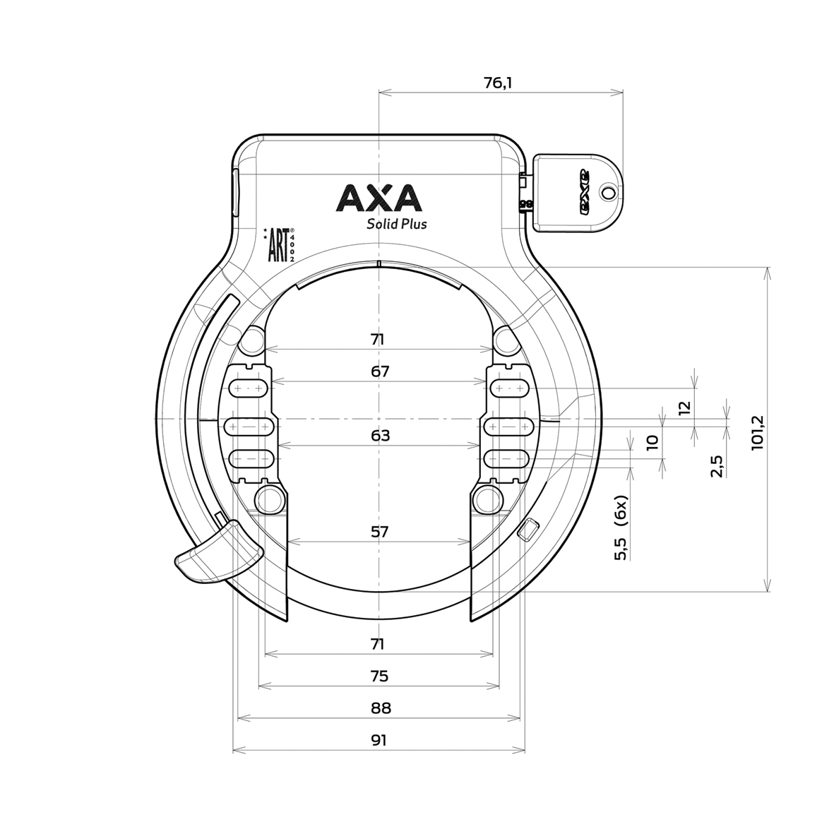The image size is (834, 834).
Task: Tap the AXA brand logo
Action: point(379,198)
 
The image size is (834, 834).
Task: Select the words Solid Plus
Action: point(395,225)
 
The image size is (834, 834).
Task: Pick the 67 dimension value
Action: point(380,371)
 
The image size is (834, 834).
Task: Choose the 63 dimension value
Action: point(380,436)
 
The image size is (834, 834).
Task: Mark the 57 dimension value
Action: point(380,532)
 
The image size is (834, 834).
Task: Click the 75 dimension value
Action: point(379,677)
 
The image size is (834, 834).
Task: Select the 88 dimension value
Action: point(379,708)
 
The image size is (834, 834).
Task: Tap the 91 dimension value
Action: point(379,741)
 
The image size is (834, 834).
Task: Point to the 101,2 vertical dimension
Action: point(758,431)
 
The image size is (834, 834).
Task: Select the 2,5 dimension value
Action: point(717,466)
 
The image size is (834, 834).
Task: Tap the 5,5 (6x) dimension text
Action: point(621,528)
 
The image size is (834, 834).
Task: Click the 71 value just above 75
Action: point(378,644)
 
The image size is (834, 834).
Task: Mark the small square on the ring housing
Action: point(528,529)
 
